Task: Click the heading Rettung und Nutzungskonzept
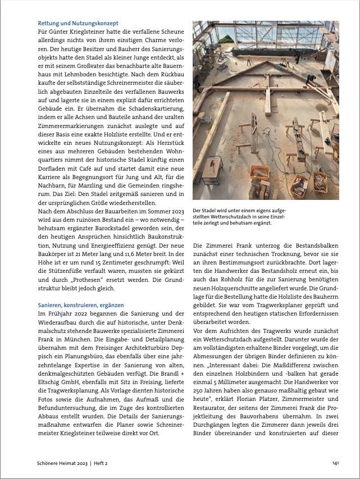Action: coord(78,24)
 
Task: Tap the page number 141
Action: coord(334,463)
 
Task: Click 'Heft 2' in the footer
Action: coord(100,463)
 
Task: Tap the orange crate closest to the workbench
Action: coord(259,173)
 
